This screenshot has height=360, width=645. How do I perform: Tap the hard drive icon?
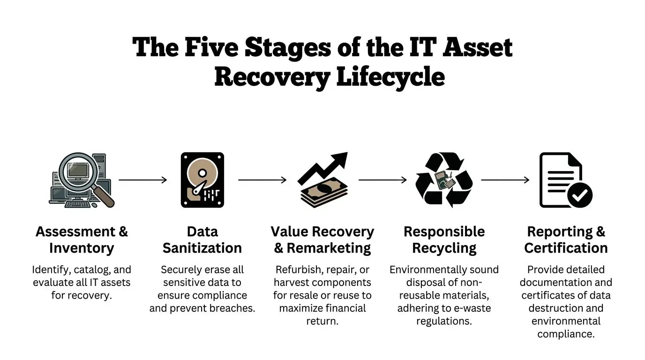202,180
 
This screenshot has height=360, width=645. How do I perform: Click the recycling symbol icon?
444,180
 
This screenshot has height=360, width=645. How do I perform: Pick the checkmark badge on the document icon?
580,195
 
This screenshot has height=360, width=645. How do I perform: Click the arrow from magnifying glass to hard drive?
142,180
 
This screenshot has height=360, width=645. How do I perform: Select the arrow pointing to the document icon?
505,180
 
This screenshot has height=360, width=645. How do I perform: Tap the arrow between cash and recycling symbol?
382,180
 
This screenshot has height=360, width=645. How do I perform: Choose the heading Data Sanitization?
202,240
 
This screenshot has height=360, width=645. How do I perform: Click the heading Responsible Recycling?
444,240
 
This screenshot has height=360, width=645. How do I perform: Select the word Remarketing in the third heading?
329,247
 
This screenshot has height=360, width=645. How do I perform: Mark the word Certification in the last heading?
566,247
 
